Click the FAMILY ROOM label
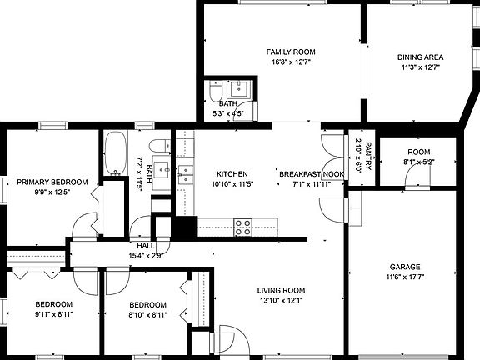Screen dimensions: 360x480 (290, 52)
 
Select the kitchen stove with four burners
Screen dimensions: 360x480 (243, 227)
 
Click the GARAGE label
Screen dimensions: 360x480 (404, 267)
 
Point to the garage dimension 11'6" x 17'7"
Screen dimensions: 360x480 (404, 277)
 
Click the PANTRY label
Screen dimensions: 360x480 (367, 154)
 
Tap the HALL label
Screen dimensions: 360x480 (146, 246)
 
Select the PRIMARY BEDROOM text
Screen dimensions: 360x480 (52, 182)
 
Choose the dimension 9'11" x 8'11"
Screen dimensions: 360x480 (53, 314)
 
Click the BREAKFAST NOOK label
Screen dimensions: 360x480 (312, 174)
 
